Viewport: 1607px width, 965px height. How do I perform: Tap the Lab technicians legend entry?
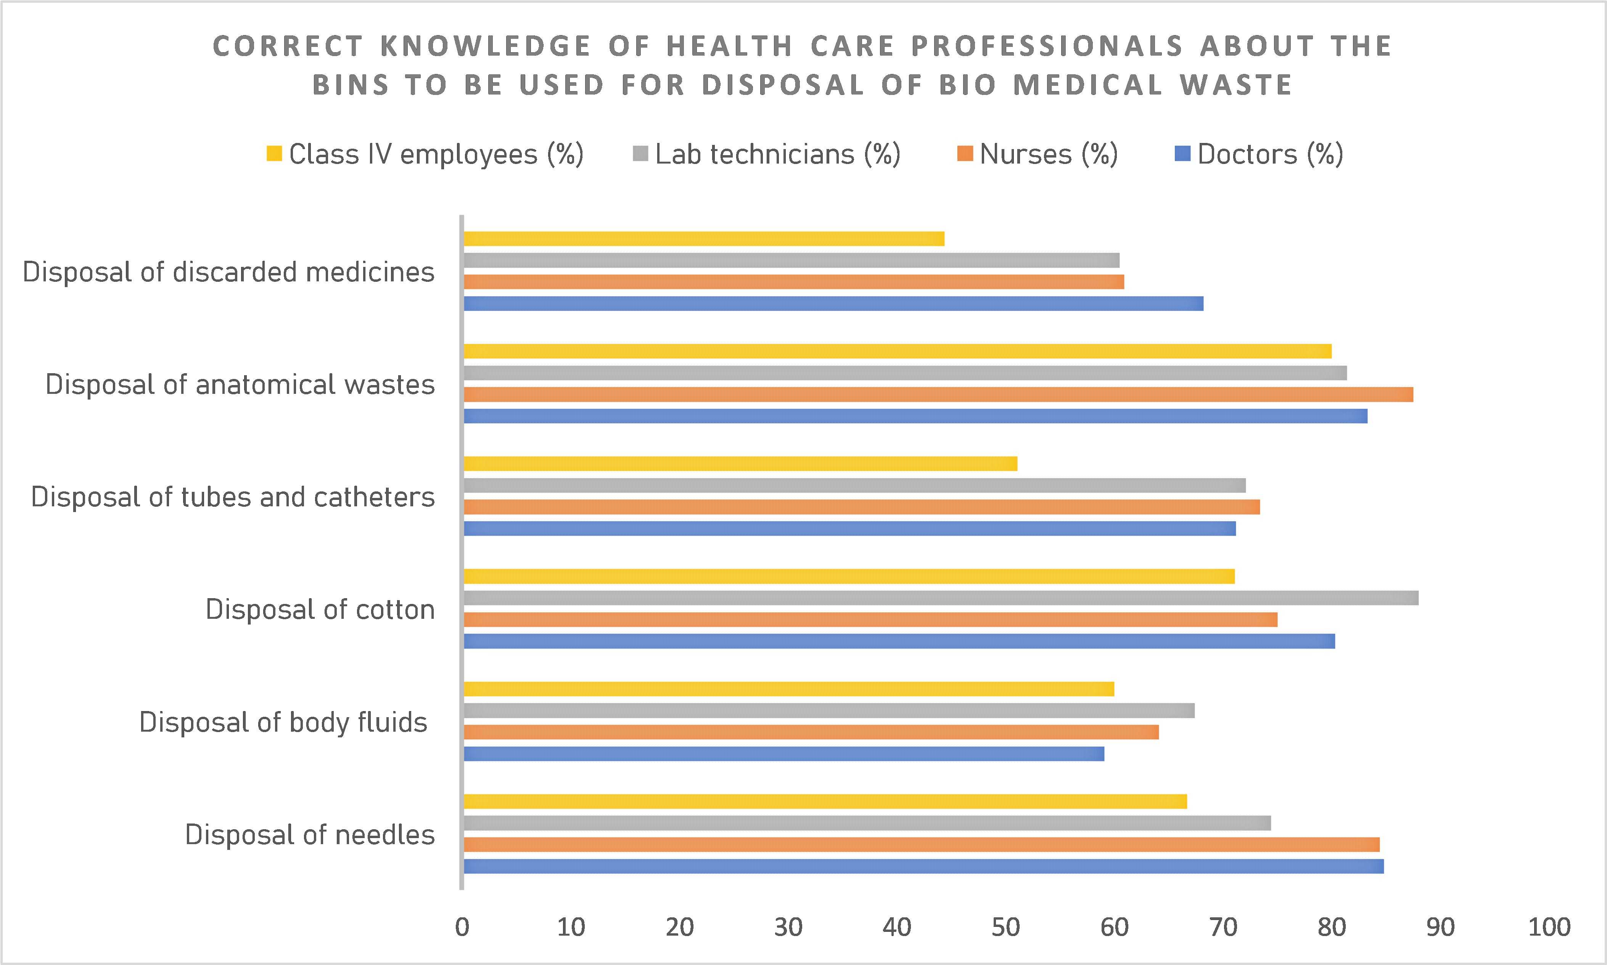coord(767,154)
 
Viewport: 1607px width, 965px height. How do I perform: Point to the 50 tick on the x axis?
coord(1005,926)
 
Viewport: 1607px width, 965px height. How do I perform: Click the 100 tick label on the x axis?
coord(1549,926)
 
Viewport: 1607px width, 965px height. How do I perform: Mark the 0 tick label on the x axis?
coord(462,926)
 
